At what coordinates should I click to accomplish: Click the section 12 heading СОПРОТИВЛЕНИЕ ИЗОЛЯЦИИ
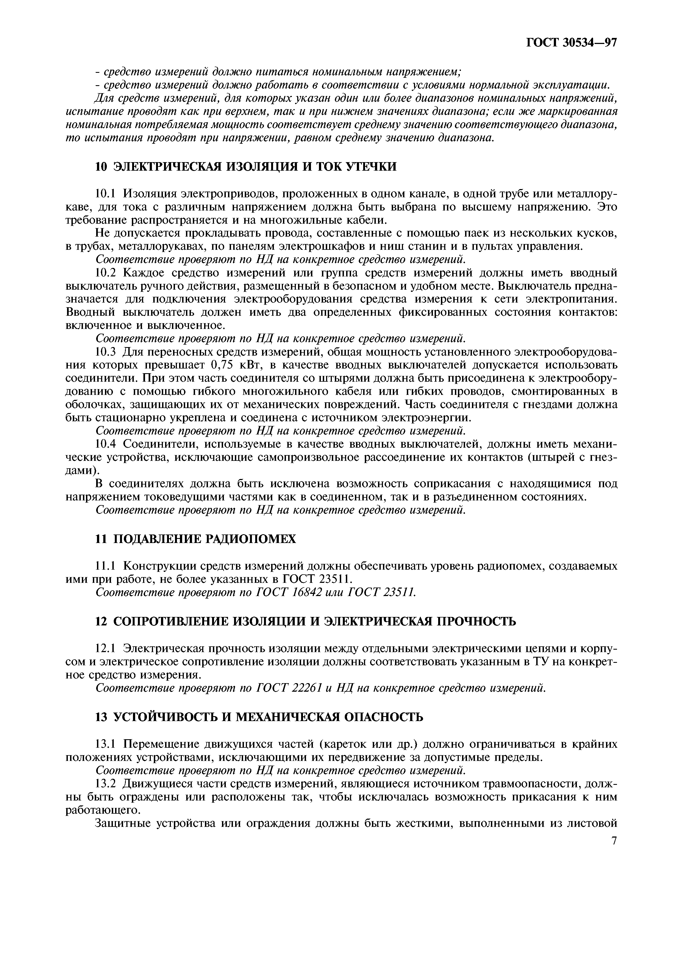coord(305,621)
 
